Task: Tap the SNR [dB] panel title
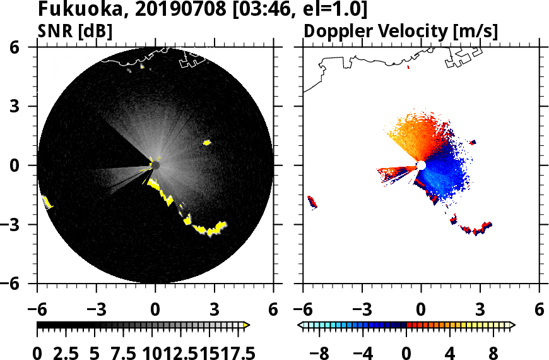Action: [75, 32]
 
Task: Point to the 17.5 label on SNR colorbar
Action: [234, 352]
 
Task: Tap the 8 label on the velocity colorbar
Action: [492, 352]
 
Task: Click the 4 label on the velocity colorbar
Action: [449, 352]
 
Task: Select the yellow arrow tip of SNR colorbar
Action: [247, 325]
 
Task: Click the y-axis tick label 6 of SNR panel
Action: [29, 47]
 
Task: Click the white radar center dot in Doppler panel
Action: [421, 165]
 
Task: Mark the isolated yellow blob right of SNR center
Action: [206, 143]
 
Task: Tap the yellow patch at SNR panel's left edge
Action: [46, 202]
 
